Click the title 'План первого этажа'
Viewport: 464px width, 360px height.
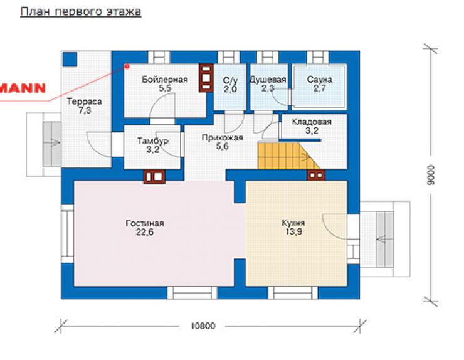click(80, 12)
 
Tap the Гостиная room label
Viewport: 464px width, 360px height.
click(145, 223)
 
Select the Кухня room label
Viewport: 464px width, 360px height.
click(293, 223)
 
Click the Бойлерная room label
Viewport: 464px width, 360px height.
click(165, 80)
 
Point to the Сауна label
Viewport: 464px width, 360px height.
click(320, 80)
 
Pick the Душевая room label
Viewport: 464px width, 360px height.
click(268, 80)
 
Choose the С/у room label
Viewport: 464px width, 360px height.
click(230, 80)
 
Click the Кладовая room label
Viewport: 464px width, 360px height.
click(312, 122)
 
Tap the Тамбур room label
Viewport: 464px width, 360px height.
click(153, 140)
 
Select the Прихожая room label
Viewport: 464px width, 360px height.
click(222, 137)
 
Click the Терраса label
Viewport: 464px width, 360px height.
click(85, 102)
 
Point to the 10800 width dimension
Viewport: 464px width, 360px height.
click(203, 326)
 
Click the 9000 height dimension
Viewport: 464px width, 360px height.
click(431, 175)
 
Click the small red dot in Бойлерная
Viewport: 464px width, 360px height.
click(127, 66)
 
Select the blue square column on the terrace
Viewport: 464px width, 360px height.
click(70, 59)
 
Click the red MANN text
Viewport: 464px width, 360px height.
click(23, 88)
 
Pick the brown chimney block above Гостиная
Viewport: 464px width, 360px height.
click(154, 177)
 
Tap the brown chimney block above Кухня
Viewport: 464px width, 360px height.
click(316, 175)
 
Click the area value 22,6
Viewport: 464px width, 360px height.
click(145, 232)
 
